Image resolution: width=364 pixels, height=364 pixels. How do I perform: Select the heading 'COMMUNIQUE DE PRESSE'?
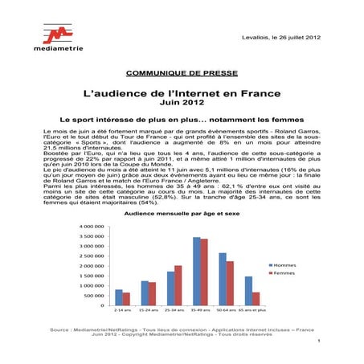point(182,72)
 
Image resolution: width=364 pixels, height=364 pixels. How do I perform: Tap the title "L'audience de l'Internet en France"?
point(182,92)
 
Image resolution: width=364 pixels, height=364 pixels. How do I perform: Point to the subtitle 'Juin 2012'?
point(182,104)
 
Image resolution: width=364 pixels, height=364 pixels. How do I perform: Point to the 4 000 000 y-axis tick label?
point(92,227)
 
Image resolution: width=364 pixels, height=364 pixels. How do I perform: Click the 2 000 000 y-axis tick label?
point(92,266)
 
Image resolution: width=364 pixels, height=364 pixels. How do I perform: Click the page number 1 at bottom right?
point(319,342)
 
